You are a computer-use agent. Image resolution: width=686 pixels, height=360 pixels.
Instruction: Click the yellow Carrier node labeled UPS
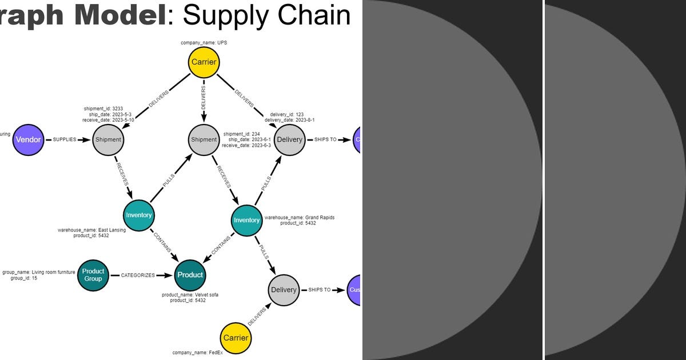click(x=203, y=63)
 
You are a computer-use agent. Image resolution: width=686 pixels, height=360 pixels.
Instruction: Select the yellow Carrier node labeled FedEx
click(x=236, y=338)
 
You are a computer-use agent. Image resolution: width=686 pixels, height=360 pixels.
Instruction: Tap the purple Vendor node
click(x=28, y=139)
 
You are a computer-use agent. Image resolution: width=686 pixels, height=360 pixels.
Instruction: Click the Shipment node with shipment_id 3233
click(x=108, y=139)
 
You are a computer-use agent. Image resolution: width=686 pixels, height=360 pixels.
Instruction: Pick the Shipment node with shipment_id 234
click(x=204, y=139)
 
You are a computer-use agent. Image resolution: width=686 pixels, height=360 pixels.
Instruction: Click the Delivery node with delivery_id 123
click(x=289, y=139)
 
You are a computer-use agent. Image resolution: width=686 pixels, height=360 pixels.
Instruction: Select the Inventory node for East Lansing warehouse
click(x=139, y=215)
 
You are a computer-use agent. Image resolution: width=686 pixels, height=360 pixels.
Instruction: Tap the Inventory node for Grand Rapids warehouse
click(x=247, y=221)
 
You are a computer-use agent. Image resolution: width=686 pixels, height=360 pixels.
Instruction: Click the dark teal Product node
click(x=190, y=275)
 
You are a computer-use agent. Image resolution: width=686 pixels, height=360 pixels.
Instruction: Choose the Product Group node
click(x=93, y=275)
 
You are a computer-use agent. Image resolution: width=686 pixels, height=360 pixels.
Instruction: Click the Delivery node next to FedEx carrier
click(x=284, y=290)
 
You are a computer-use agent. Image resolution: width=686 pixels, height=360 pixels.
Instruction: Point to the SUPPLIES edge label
click(x=64, y=139)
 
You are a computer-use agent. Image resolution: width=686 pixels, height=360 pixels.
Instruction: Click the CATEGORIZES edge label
click(x=137, y=275)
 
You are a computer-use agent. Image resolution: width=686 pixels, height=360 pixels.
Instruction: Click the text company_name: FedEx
click(x=197, y=353)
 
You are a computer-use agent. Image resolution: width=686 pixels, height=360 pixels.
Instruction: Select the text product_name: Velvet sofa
click(x=190, y=295)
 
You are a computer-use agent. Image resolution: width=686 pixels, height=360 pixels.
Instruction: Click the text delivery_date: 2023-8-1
click(x=289, y=120)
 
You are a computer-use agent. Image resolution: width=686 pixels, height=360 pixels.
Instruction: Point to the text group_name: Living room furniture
click(x=38, y=272)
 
